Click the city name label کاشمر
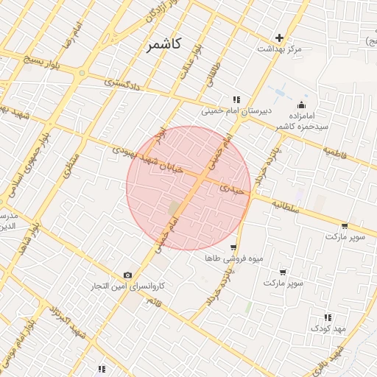[167, 46]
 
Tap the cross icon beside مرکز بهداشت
[279, 38]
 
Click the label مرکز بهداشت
[279, 49]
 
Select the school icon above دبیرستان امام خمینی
[236, 99]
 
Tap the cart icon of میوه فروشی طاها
[233, 247]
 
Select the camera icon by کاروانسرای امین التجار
[128, 275]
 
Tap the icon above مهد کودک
[328, 317]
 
